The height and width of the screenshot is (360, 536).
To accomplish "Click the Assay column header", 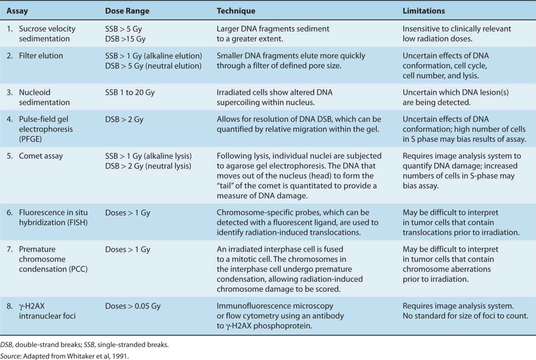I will pos(17,11).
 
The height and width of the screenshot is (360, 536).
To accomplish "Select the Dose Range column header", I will pos(127,11).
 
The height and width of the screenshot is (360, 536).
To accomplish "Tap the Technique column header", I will pos(236,11).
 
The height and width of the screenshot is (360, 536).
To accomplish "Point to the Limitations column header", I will pos(424,11).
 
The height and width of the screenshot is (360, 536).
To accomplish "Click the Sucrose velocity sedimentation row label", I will pos(47,34).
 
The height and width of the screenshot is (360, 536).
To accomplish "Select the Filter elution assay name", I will pos(41,56).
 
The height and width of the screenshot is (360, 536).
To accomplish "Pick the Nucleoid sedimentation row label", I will pos(44,97).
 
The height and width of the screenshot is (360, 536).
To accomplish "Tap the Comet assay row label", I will pos(41,156).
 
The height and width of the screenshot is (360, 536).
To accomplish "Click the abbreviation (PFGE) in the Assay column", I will pos(30,139).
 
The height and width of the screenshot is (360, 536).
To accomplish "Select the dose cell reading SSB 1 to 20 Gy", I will pos(130,93).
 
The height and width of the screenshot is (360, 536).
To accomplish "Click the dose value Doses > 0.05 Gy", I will pos(133,306).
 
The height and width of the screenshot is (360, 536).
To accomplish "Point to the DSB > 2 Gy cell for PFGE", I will pos(124,119).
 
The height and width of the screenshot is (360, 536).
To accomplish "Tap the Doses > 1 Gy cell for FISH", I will pos(127,213).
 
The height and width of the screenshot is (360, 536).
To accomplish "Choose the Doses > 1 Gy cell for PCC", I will pos(127,250).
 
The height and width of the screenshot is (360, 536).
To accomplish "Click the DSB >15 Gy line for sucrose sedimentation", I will pos(125,39).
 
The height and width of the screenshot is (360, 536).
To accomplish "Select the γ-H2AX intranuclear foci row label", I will pos(47,311).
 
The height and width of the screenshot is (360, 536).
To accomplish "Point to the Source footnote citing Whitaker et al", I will pos(64,356).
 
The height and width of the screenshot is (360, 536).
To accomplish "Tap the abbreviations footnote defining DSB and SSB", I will pos(84,344).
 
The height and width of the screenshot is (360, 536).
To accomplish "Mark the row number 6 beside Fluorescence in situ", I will pos(10,213).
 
